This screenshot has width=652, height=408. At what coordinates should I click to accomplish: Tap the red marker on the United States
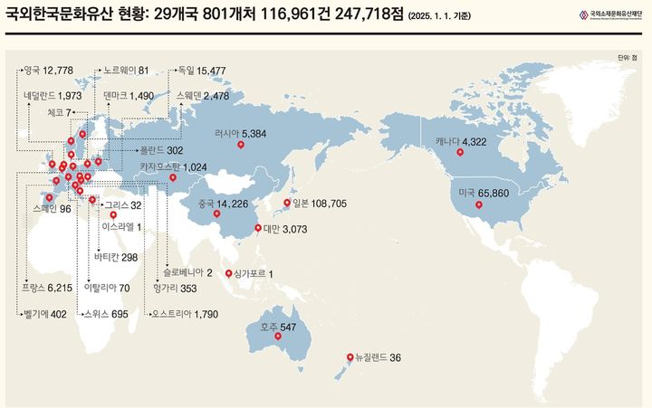click(x=479, y=205)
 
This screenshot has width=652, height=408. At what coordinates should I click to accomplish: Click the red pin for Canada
click(x=460, y=152)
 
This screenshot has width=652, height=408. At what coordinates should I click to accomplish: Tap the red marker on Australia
click(x=278, y=338)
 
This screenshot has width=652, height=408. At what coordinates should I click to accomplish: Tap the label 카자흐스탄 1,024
click(x=173, y=166)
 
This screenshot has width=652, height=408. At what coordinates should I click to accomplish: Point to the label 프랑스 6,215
click(x=46, y=288)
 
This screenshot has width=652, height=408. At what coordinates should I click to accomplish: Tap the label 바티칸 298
click(x=115, y=258)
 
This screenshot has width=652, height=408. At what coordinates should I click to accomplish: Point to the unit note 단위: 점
click(x=627, y=57)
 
